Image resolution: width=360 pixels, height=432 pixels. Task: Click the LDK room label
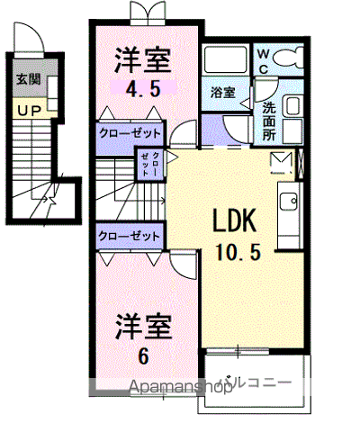pos(237,220)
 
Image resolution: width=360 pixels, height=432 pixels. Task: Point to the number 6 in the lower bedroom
pos(142,355)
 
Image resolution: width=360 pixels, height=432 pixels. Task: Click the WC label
pos(264,60)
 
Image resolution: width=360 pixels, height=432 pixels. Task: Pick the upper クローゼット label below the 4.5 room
pos(130,133)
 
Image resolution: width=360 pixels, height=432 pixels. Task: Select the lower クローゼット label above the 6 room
pos(130,236)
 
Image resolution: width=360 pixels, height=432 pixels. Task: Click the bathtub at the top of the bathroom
pos(225,60)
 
